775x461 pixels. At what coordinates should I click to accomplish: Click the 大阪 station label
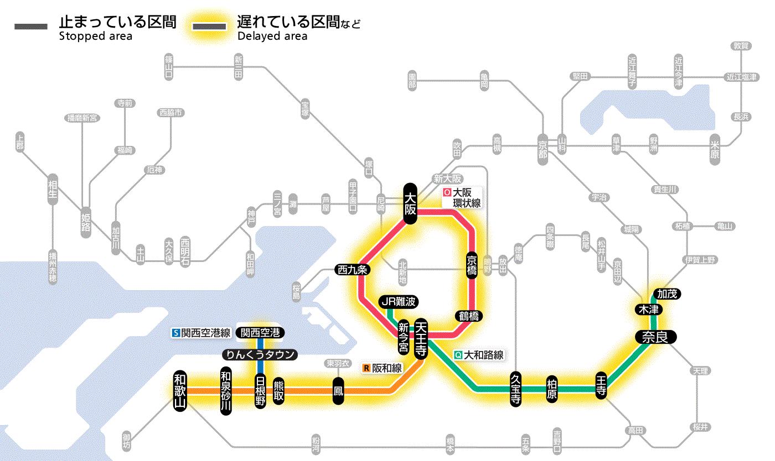(x=410, y=203)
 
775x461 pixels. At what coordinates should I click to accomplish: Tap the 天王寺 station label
(x=420, y=338)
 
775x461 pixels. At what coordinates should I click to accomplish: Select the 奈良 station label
(x=655, y=337)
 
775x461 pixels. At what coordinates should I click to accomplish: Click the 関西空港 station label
(x=260, y=333)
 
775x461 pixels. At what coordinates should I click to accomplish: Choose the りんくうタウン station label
(x=260, y=355)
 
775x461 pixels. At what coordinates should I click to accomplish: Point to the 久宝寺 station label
(x=515, y=389)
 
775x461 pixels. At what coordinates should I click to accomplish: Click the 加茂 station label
(x=666, y=294)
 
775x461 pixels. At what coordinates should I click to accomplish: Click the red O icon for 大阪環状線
(x=447, y=193)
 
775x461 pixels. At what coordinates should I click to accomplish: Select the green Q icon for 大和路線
(x=458, y=355)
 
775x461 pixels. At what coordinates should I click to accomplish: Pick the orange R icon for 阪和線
(x=366, y=368)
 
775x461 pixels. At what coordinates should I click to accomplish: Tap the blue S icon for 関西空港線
(x=176, y=333)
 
